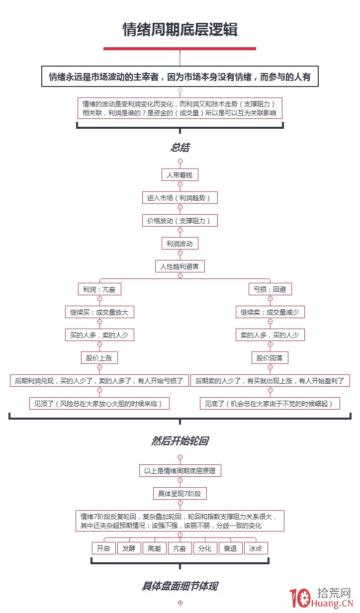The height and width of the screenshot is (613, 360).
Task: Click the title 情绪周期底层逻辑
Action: coord(180,30)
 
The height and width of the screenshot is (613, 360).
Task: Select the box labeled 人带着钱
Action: coord(180,175)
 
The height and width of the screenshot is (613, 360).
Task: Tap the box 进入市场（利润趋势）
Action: coord(180,198)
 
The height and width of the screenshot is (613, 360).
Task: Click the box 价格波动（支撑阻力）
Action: coord(180,221)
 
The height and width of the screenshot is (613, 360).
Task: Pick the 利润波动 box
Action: coord(180,244)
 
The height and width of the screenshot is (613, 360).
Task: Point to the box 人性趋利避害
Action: coord(180,266)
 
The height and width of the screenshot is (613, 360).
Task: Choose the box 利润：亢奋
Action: coord(99,289)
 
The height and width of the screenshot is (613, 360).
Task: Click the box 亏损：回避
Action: coord(270,289)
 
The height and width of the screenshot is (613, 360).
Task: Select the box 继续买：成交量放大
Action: coord(99,312)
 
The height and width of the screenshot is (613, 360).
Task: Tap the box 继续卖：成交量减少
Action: coord(270,312)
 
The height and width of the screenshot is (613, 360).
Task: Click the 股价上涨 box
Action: coord(99,358)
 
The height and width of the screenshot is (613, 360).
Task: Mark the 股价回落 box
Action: coord(270,358)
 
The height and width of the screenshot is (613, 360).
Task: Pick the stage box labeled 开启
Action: coord(103,548)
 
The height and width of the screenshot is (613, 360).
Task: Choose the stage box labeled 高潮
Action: coord(154,548)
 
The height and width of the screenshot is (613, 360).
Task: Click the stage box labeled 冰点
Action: coord(256,548)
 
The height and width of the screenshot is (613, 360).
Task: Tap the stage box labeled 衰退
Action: coord(230,548)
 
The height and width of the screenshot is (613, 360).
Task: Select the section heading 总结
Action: coord(180,148)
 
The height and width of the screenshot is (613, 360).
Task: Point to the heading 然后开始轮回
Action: coord(180,441)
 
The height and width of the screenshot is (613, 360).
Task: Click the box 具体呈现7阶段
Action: coord(180,494)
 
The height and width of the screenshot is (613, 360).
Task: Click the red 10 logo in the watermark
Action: coord(300,599)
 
